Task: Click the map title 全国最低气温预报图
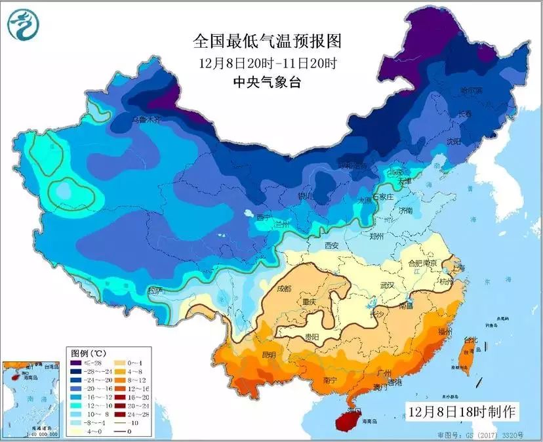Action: pos(267,42)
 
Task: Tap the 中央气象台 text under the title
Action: pos(267,82)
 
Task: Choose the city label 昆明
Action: pos(268,355)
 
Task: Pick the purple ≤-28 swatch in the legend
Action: pos(78,362)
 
